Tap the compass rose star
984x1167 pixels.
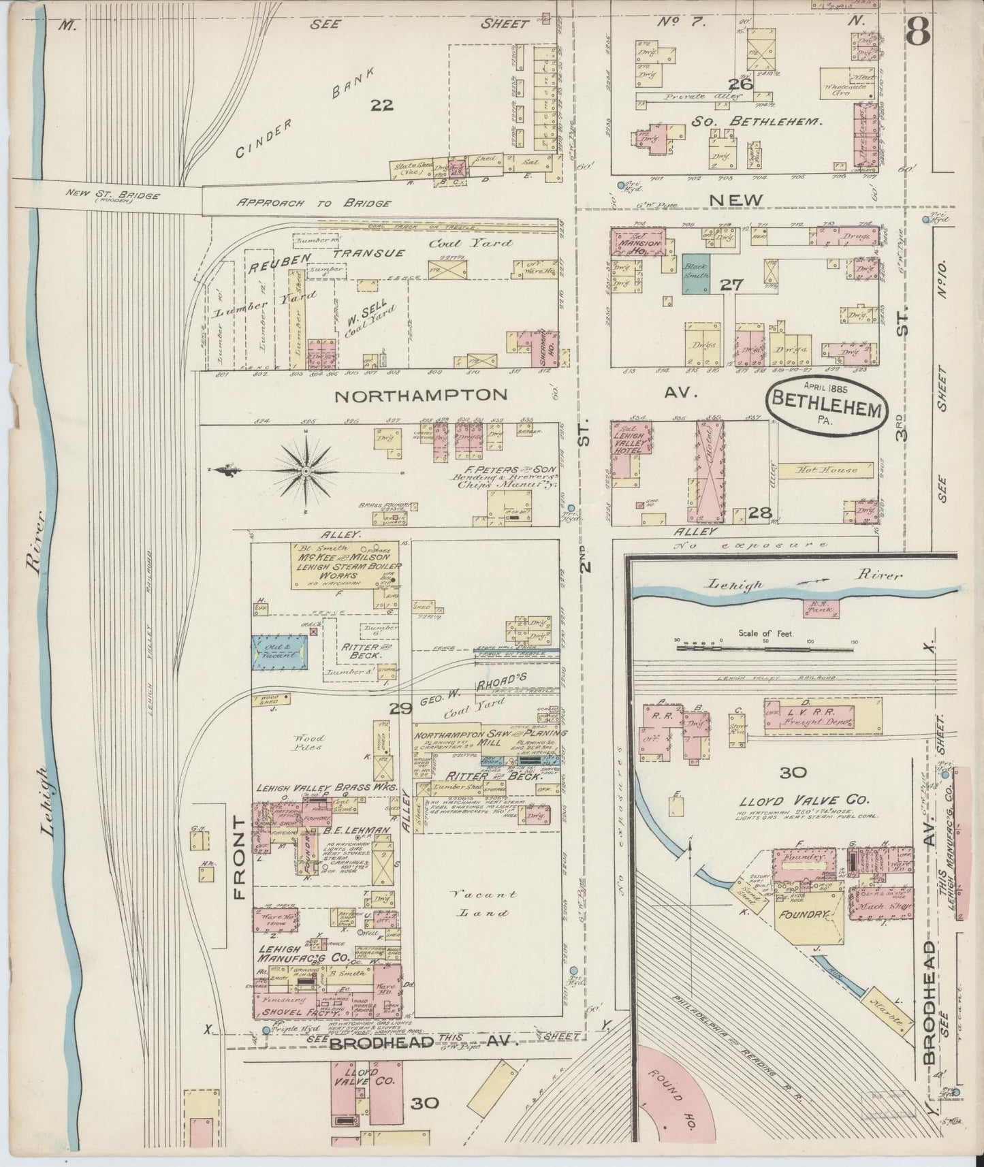(x=306, y=470)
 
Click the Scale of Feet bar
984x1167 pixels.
(x=765, y=649)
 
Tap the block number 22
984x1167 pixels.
(x=383, y=105)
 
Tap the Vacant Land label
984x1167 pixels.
(x=486, y=901)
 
